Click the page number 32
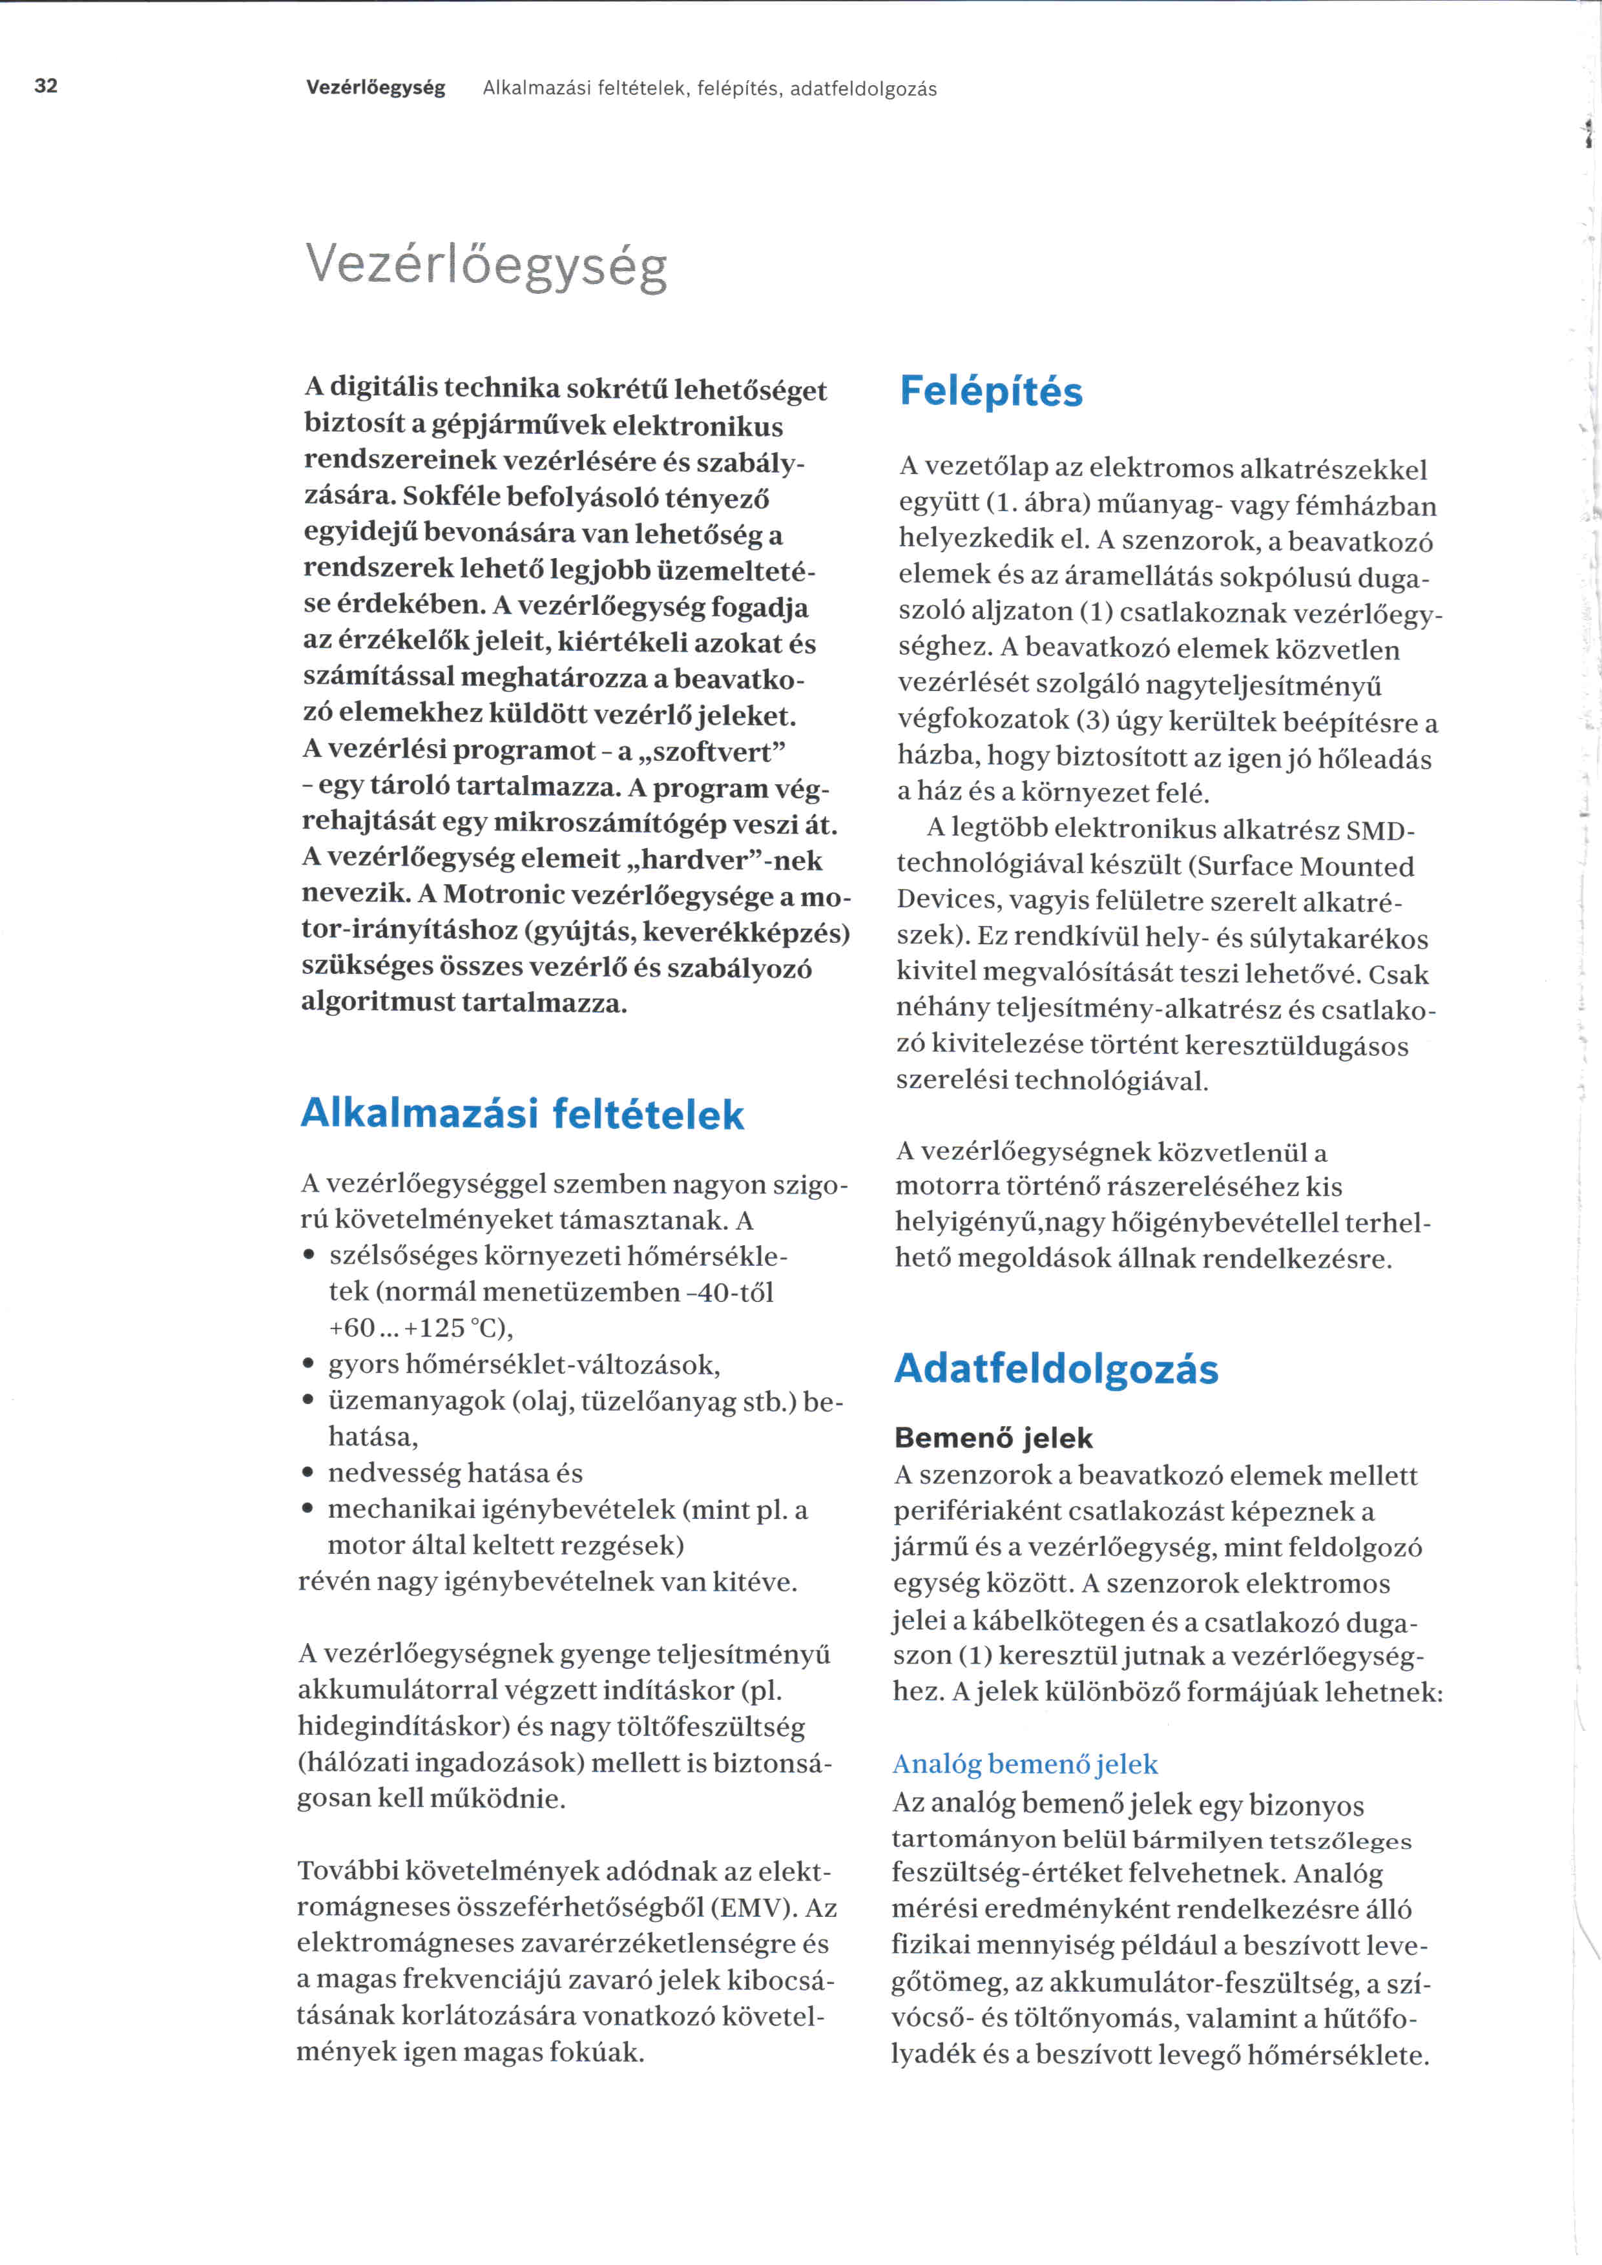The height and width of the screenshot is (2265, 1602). (45, 86)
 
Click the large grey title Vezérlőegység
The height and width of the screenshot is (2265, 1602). (486, 265)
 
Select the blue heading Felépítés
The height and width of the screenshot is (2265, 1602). (990, 391)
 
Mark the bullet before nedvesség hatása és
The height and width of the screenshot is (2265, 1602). (309, 1474)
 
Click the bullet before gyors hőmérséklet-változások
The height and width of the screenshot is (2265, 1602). (309, 1365)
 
